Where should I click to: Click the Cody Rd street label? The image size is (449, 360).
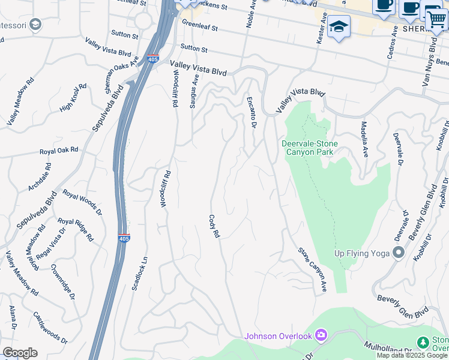coord(213,226)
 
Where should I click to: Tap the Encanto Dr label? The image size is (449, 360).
coord(252,112)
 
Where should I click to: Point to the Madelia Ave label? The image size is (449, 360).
coord(364,139)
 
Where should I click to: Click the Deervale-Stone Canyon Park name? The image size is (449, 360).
coord(310,148)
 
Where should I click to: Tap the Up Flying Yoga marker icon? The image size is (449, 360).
coord(397,252)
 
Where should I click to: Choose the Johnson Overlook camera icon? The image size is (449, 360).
coord(322,334)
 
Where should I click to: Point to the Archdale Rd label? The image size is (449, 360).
coord(37,180)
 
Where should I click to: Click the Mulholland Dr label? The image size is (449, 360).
coord(388,348)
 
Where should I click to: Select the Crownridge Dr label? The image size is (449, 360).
coord(63,282)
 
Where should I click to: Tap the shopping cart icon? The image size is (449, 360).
coord(436,20)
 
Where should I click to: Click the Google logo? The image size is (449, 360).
coord(20,352)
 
